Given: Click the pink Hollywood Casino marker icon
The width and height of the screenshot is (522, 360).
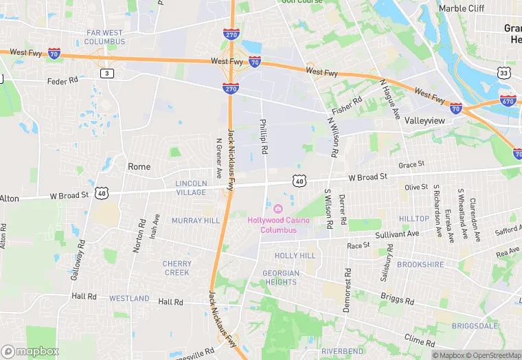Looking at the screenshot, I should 278,209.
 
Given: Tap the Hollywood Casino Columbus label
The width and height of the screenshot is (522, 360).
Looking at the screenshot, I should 278,225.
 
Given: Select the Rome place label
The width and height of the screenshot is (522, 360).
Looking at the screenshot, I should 139,166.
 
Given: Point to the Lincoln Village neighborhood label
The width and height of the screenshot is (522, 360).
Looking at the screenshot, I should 191,188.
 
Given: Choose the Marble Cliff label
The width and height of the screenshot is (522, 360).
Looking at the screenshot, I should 462,8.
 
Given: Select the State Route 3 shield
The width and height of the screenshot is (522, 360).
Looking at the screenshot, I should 106,72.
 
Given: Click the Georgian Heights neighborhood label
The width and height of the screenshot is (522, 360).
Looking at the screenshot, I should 280,278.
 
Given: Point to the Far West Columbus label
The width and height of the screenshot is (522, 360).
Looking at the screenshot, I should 105,37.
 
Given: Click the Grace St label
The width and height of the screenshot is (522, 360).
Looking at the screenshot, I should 411,165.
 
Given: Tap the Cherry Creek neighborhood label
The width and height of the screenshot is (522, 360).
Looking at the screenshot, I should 177,268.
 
